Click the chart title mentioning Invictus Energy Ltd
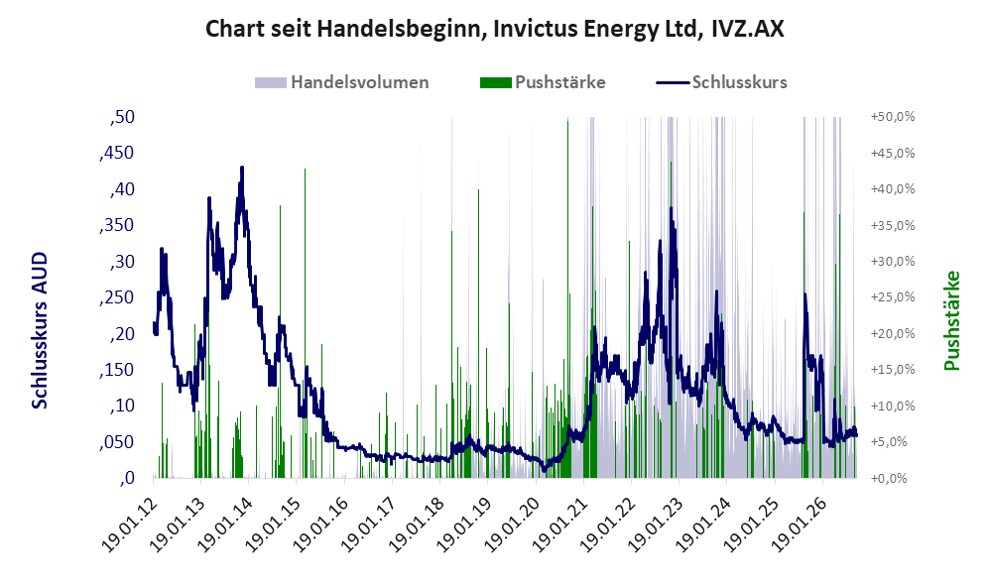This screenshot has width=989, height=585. coord(494,30)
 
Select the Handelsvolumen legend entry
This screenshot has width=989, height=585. coord(342,82)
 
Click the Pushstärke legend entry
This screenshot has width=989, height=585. coord(543,82)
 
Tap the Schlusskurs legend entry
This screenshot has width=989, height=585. coord(721,82)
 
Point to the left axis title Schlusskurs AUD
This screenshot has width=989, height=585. coord(40,330)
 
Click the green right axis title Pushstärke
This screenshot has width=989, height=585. coord(951,320)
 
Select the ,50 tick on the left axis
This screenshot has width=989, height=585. coord(122,117)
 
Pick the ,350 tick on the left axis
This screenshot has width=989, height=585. coord(117,225)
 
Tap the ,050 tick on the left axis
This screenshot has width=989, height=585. coord(117,442)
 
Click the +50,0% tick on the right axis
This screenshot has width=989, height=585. coord(893,117)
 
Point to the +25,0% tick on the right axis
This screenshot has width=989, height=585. coord(893,296)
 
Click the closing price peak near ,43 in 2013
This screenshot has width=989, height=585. coord(242,168)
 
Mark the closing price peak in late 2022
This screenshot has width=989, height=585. coord(672,208)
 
